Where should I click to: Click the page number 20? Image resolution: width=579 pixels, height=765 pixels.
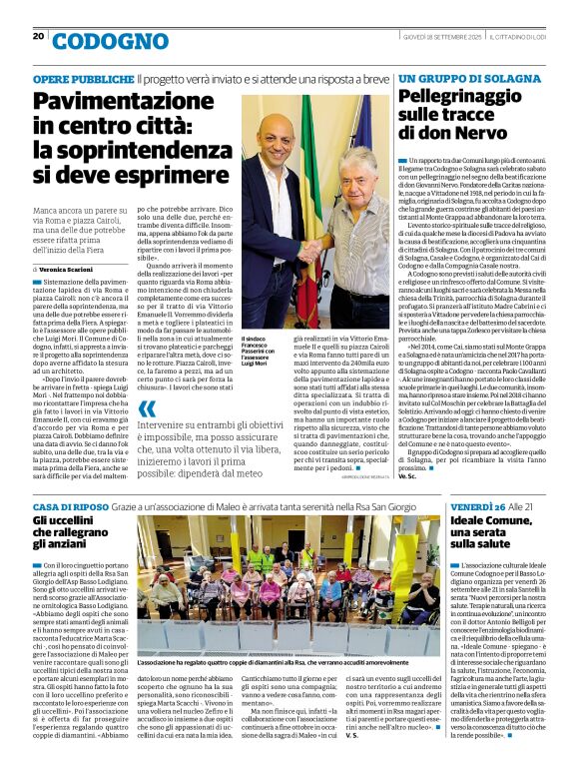38,36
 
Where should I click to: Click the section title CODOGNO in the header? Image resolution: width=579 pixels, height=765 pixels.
96,41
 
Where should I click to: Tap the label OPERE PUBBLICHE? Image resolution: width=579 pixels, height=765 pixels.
70,78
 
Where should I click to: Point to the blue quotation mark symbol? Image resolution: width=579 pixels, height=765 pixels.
148,408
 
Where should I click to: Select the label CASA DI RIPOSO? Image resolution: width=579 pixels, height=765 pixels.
65,508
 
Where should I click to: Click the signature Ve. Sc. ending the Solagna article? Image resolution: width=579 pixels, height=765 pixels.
407,476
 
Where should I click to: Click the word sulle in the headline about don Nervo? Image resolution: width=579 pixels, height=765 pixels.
423,115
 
